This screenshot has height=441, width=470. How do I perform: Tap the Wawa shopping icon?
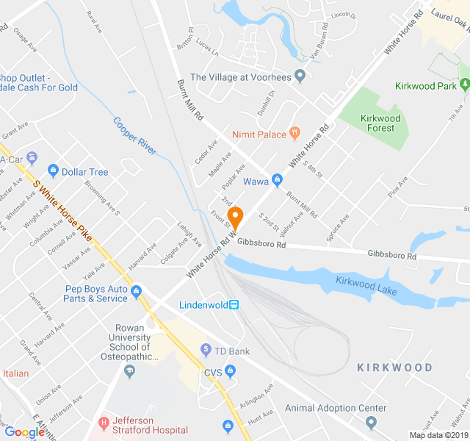tap(277, 179)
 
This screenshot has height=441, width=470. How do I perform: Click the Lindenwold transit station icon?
tap(234, 304)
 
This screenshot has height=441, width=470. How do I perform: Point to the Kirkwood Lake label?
tap(366, 286)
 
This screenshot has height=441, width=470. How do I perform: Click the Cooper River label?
tap(134, 135)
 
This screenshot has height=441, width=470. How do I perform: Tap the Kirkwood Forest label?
tap(380, 123)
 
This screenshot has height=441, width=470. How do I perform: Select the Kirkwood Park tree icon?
tap(463, 86)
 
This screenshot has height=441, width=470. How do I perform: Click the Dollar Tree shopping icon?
tap(52, 172)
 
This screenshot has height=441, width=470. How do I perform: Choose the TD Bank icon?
tap(206, 351)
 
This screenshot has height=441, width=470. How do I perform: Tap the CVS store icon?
tap(231, 370)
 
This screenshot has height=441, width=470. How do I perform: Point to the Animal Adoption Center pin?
tap(371, 423)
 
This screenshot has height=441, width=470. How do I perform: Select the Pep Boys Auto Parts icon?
tap(136, 294)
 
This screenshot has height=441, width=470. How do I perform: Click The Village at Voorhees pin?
tap(299, 76)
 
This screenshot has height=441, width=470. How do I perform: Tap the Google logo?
tap(24, 432)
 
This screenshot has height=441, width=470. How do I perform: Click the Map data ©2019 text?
tap(438, 435)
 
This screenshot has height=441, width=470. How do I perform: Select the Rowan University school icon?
tap(130, 371)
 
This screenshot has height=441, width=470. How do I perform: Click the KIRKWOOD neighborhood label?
tap(394, 367)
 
